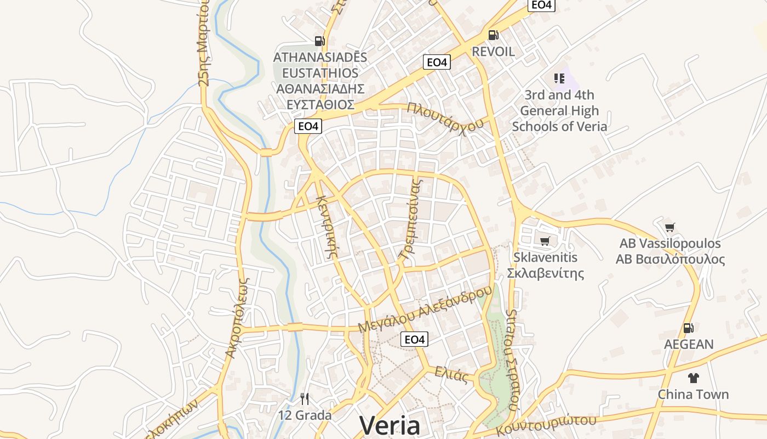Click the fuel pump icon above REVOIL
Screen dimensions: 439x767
tap(493, 35)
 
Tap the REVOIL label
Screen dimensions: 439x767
tap(493, 52)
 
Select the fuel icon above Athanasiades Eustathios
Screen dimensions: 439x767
tap(319, 41)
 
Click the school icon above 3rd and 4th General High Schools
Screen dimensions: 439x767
tap(559, 78)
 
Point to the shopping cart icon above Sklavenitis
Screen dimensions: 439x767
tap(545, 241)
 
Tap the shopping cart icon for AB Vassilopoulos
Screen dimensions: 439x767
tap(669, 227)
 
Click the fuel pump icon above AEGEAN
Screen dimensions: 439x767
tap(688, 328)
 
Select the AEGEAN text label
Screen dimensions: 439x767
tap(689, 345)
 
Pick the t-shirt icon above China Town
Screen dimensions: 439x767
tap(693, 378)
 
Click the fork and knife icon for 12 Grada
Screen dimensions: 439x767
tap(305, 399)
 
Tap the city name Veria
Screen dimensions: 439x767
tap(390, 426)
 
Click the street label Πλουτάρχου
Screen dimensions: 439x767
tap(445, 115)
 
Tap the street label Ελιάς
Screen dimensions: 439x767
tap(451, 375)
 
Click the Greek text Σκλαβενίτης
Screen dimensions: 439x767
tap(545, 273)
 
